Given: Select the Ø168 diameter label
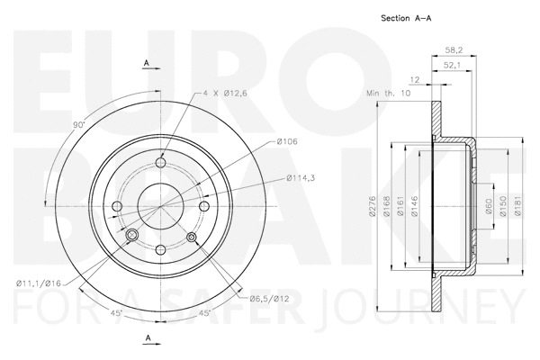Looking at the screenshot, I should (x=388, y=211).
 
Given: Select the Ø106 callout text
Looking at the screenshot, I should (x=287, y=142).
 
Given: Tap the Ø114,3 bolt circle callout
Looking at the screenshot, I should (x=301, y=177).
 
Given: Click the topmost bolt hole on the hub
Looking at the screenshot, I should (x=161, y=162).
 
